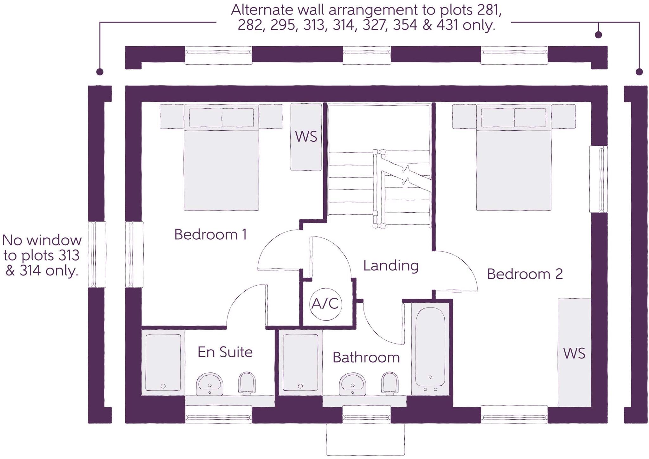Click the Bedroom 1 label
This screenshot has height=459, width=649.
tap(210, 235)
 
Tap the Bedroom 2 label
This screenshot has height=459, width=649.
tap(525, 274)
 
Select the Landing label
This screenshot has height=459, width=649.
tap(390, 266)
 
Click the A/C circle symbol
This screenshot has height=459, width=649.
tap(325, 303)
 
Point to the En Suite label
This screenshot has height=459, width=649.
tap(225, 352)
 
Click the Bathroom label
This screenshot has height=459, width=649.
tap(366, 358)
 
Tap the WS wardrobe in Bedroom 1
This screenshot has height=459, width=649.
tap(306, 137)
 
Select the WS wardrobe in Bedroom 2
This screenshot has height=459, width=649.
tap(574, 353)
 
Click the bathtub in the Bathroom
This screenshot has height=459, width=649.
tap(430, 349)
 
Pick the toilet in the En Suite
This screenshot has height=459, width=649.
tap(247, 383)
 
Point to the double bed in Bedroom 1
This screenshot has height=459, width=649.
tap(221, 165)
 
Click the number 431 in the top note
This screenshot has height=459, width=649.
tap(448, 25)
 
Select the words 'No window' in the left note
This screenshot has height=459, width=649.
tap(42, 241)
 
